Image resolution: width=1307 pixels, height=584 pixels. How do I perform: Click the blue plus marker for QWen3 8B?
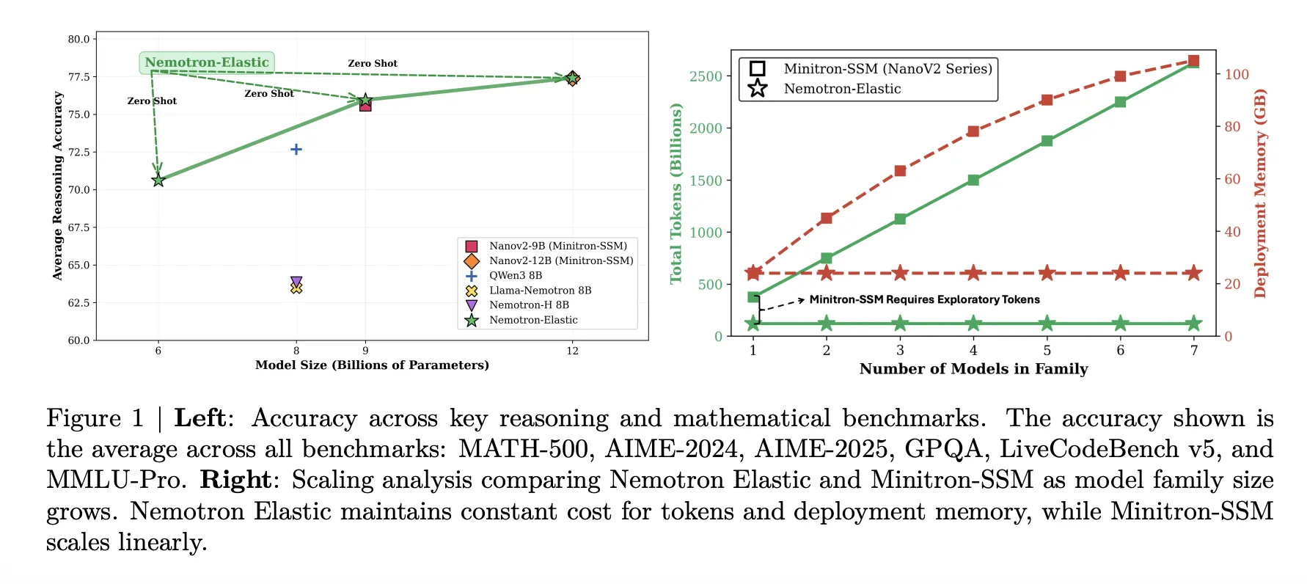(296, 149)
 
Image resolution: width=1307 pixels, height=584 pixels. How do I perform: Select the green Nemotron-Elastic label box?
(207, 62)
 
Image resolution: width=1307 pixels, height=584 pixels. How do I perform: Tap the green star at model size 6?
(158, 180)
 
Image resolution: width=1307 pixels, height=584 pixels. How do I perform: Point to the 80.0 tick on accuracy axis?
(78, 40)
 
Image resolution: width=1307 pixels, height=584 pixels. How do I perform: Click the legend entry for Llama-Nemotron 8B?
(540, 291)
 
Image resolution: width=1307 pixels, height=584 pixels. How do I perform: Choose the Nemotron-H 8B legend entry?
(529, 305)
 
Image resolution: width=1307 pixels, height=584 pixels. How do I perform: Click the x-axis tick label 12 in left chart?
(572, 351)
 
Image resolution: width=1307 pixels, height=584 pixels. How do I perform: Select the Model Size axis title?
(372, 365)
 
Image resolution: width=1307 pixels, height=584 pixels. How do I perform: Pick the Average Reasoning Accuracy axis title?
(58, 186)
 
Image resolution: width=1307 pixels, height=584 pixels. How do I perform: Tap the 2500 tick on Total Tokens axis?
(706, 76)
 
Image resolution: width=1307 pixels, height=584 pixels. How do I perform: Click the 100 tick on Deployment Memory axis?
(1237, 74)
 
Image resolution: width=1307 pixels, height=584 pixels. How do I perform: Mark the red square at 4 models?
(973, 131)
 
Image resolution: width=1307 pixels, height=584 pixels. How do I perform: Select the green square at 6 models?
(1120, 102)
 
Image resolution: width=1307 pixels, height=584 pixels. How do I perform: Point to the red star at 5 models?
(1047, 273)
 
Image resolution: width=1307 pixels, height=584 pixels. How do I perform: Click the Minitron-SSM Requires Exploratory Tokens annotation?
(924, 299)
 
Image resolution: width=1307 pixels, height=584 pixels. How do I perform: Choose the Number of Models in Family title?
(973, 369)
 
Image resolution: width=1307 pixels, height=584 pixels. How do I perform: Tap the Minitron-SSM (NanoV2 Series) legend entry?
(887, 69)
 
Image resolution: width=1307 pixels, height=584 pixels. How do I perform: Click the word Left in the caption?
(199, 418)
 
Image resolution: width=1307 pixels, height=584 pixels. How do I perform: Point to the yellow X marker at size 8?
(296, 288)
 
